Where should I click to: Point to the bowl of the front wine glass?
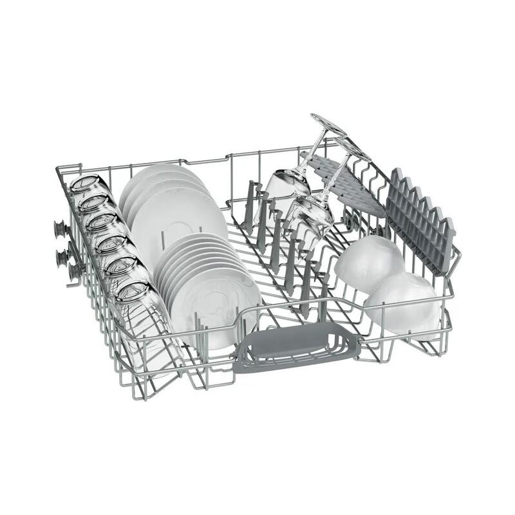point(309,216)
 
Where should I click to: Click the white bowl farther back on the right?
point(369,261)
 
